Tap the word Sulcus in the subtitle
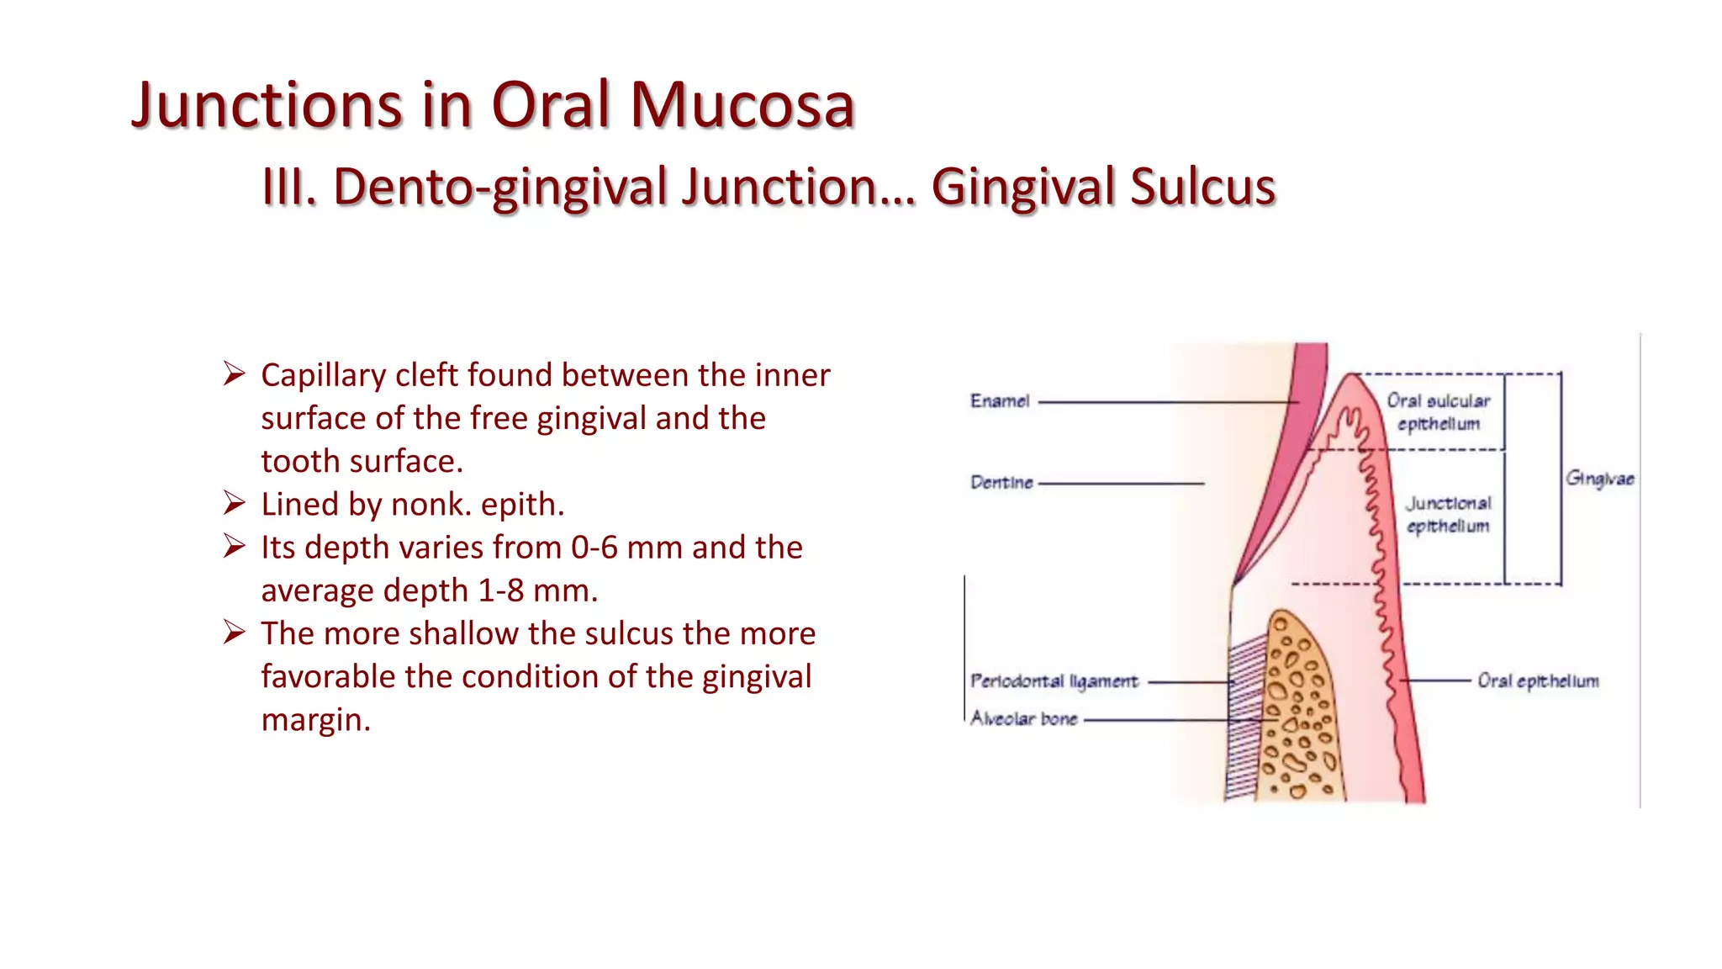click(x=1202, y=187)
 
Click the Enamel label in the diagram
click(x=999, y=401)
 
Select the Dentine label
click(x=1001, y=483)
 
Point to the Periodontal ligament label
click(x=1054, y=681)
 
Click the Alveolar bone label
click(x=1023, y=719)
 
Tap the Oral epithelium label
click(x=1538, y=681)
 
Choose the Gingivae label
click(x=1599, y=479)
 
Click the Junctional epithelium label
click(x=1448, y=515)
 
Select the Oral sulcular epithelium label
click(x=1438, y=412)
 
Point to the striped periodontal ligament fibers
click(x=1242, y=715)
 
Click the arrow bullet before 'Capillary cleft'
click(x=234, y=373)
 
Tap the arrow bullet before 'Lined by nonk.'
click(x=234, y=503)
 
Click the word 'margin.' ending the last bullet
click(x=315, y=720)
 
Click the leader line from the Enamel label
click(x=1169, y=402)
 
